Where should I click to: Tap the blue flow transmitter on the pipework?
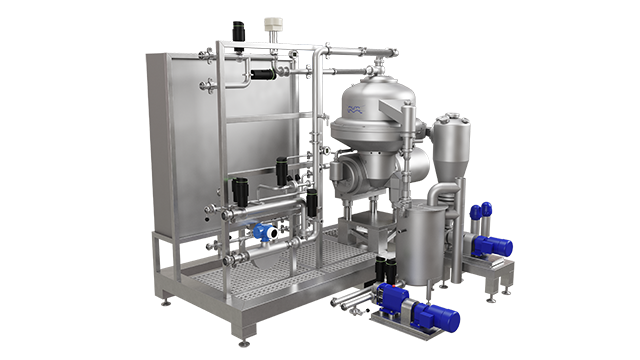pos(265,231)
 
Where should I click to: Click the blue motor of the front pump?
pos(436,317)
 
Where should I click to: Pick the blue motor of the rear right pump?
pos(494,246)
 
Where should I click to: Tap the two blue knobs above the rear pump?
pos(481,211)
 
